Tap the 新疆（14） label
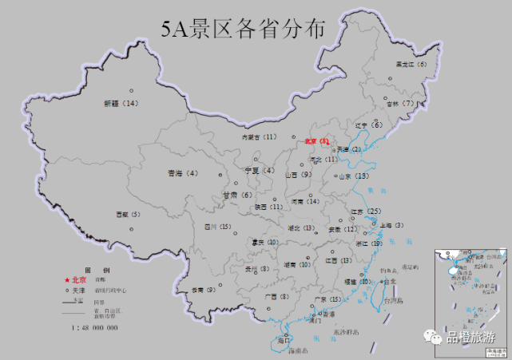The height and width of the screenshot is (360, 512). [x=121, y=104]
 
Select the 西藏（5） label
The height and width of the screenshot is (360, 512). [x=128, y=214]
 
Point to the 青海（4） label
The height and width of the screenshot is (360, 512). [x=182, y=173]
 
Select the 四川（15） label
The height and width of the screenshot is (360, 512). [x=217, y=227]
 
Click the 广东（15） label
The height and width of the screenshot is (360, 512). [x=327, y=299]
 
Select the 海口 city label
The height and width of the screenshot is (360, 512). [x=283, y=340]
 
